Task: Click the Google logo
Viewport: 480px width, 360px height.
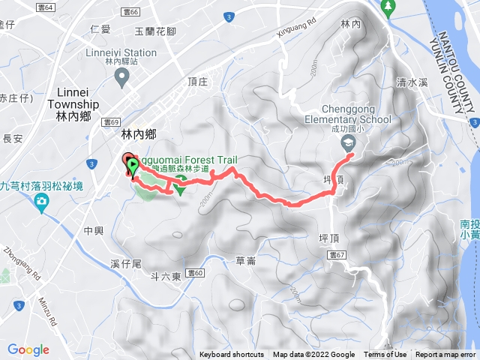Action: [28, 349]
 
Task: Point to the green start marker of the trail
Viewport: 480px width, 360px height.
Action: [133, 164]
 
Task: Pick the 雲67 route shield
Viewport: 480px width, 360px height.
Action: [337, 256]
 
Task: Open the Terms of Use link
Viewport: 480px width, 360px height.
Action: [385, 355]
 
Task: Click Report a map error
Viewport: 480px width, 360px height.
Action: [445, 355]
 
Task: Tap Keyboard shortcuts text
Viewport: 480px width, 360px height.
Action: [232, 355]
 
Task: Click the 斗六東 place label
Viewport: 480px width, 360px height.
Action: [166, 277]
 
